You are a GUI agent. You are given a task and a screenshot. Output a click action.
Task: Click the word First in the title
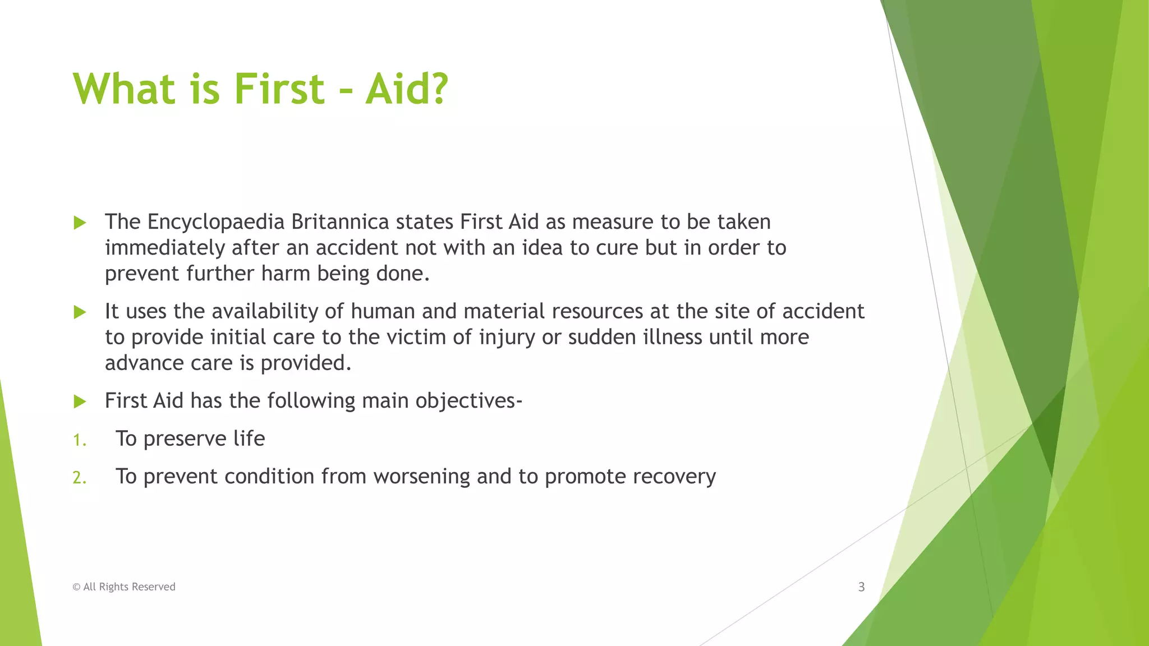tap(279, 89)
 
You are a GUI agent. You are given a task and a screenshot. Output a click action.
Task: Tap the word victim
tap(409, 337)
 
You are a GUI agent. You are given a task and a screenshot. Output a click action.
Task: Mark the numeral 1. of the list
tap(79, 440)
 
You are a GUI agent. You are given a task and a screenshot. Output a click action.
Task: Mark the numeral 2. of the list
tap(79, 478)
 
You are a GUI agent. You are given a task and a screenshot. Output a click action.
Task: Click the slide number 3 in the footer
tap(861, 587)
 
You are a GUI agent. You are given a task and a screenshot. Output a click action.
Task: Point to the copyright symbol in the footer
tap(76, 587)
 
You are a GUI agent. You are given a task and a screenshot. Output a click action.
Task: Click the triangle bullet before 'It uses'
tap(80, 312)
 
